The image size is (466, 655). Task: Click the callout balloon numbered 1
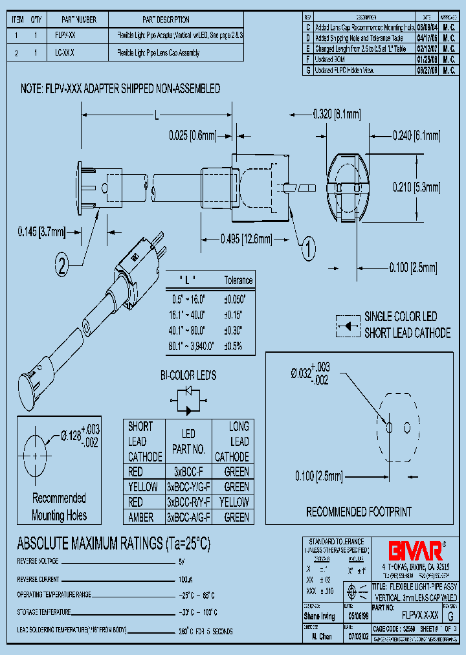click(x=308, y=246)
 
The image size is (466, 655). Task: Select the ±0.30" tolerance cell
click(x=233, y=329)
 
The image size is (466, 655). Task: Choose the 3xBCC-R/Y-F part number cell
click(x=188, y=502)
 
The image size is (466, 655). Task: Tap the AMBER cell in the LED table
click(x=141, y=517)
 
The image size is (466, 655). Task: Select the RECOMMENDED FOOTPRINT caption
click(x=359, y=512)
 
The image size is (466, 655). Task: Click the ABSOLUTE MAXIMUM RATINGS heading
click(x=113, y=542)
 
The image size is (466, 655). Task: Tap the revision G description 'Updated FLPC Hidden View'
click(x=354, y=69)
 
